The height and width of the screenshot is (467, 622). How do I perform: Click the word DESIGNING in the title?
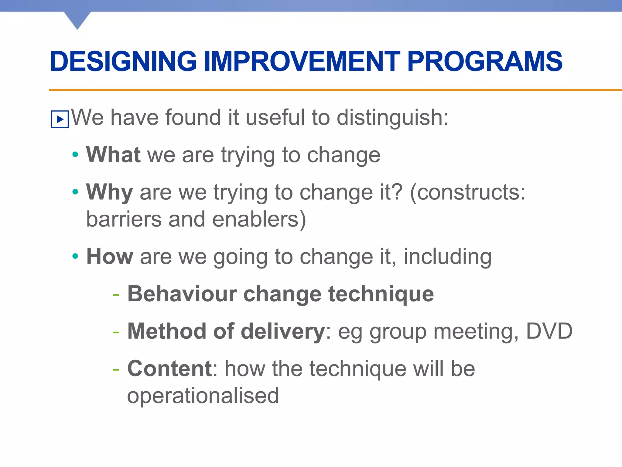tap(123, 62)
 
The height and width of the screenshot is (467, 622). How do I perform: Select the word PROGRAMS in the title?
tap(485, 62)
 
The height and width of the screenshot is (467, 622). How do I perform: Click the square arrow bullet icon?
tap(60, 119)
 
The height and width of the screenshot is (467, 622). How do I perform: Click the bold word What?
tap(113, 155)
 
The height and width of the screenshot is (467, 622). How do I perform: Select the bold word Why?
tap(109, 192)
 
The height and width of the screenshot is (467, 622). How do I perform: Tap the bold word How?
tap(110, 257)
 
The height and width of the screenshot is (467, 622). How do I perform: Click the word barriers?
tap(124, 219)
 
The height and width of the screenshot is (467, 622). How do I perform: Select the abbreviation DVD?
tap(549, 331)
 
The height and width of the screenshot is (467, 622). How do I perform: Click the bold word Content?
tap(169, 369)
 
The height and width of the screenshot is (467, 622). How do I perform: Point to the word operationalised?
tap(203, 396)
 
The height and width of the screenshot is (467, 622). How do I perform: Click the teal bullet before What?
tap(75, 155)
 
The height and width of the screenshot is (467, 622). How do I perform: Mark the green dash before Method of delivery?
tap(116, 332)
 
